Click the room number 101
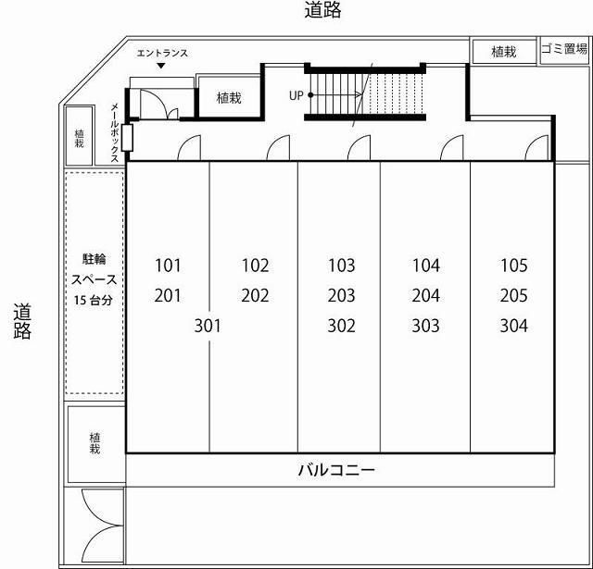point(168,266)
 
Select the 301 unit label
point(208,326)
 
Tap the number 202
point(255,296)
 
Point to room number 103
point(341,266)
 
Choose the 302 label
point(341,326)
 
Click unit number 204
point(426,296)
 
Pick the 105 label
point(513,266)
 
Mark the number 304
point(513,326)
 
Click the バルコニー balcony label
point(336,470)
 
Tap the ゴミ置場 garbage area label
point(564,51)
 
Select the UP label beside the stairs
point(296,95)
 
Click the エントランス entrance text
point(162,53)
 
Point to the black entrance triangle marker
point(162,67)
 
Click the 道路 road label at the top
point(322,11)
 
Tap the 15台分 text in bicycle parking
point(94,300)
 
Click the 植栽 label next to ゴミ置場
point(503,53)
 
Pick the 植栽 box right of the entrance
point(229,97)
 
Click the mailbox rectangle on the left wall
point(127,139)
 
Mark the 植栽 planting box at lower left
point(95,443)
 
